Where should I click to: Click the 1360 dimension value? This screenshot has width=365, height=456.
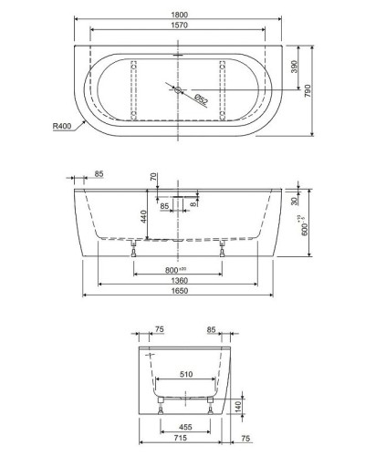pos(178,282)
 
